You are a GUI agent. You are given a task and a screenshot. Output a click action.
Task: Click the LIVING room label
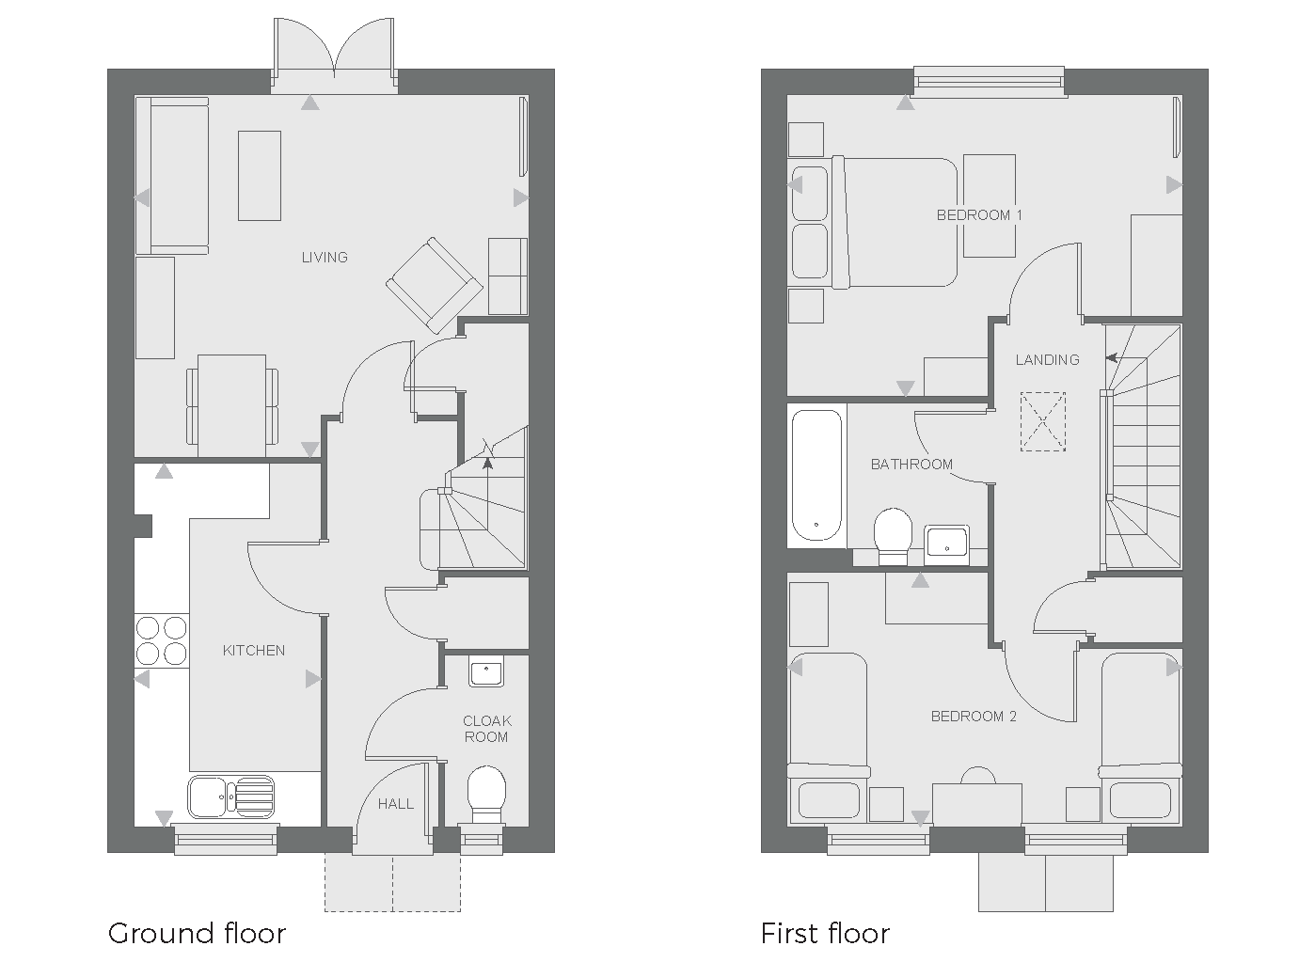point(325,257)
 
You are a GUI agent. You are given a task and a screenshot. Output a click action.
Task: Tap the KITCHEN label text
point(254,650)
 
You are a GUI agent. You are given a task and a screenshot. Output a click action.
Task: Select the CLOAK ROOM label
point(486,729)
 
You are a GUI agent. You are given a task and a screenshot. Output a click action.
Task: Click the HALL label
point(396,804)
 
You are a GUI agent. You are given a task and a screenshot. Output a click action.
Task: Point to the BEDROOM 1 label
point(979,215)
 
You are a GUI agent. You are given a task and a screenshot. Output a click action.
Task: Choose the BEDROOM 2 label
point(974,717)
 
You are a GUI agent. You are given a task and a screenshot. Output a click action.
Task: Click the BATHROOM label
point(911,465)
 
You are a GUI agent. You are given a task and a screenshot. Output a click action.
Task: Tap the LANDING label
point(1047,359)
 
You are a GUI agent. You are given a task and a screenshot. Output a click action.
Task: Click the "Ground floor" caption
point(197,933)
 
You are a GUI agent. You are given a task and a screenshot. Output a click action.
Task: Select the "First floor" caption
point(825,933)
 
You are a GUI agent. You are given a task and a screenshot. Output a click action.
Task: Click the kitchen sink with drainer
point(231,796)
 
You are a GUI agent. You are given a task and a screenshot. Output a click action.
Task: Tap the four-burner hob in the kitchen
point(162,639)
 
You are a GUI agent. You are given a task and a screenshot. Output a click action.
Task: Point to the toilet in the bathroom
point(893,534)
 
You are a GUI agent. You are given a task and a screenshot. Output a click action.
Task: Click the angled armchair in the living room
point(433,285)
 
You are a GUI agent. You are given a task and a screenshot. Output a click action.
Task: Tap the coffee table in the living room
point(259,176)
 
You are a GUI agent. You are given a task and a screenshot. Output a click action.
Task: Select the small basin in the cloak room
point(486,672)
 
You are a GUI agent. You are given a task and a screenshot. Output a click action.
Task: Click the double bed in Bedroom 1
point(894,222)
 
